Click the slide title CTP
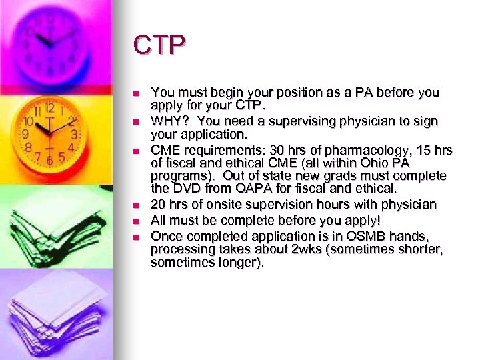pos(159,45)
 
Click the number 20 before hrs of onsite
pos(159,204)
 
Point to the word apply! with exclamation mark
pos(363,220)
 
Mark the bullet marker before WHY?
pos(135,122)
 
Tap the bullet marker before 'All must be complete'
pos(135,221)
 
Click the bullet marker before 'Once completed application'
pos(135,237)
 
